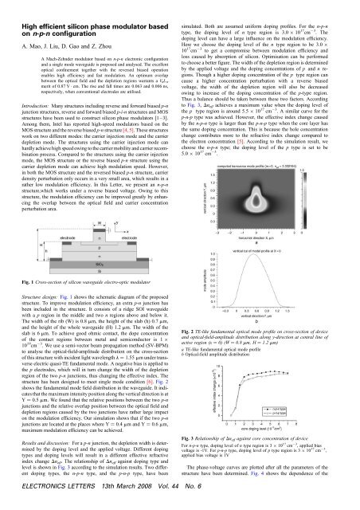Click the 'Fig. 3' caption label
(x=192, y=462)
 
